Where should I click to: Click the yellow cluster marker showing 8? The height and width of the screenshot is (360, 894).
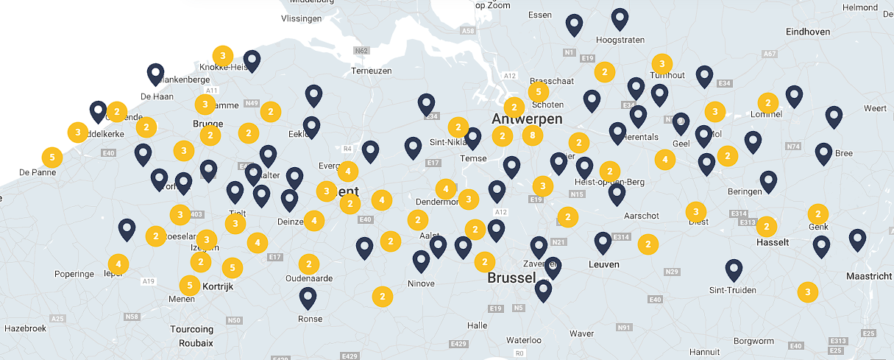tap(533, 135)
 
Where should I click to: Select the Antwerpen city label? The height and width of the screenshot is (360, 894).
tap(527, 119)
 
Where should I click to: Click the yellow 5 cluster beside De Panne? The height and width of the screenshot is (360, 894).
tap(52, 157)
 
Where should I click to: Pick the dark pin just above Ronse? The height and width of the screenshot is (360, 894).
tap(308, 297)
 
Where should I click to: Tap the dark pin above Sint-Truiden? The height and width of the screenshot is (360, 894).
tap(734, 269)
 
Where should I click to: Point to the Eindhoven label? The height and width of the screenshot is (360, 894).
tap(808, 32)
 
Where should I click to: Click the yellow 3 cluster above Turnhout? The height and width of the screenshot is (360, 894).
tap(662, 63)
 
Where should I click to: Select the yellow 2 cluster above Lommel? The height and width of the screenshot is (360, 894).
tap(767, 103)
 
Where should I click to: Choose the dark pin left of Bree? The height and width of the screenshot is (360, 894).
tap(823, 152)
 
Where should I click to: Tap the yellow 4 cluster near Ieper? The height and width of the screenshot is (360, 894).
tap(118, 264)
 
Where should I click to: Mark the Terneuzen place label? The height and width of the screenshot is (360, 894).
tap(372, 71)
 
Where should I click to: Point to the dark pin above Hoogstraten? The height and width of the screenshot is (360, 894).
tap(620, 18)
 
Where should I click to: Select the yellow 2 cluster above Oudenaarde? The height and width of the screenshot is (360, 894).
tap(309, 264)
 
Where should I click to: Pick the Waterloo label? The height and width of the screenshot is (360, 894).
tap(524, 340)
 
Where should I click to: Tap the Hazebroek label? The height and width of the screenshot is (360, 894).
tap(26, 328)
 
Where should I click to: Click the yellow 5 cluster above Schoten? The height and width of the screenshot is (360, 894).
tap(539, 92)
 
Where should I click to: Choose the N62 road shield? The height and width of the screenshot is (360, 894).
tap(361, 51)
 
